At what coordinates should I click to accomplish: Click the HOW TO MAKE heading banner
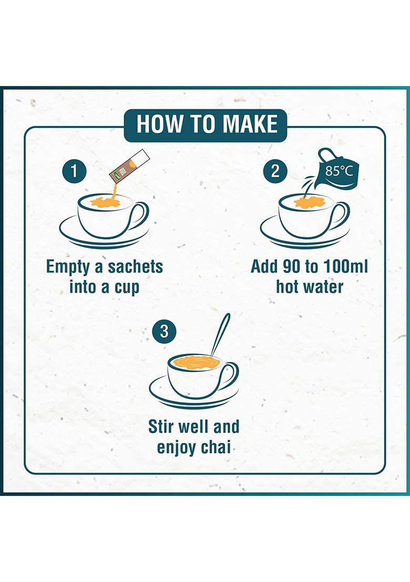[x=206, y=125]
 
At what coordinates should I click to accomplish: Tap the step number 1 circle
[x=74, y=171]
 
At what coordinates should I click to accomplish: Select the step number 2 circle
[x=275, y=171]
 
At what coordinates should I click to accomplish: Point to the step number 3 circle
[x=164, y=331]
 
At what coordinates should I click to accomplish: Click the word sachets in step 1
[x=135, y=266]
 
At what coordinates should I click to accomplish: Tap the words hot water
[x=309, y=287]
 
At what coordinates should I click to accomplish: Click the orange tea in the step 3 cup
[x=191, y=362]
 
